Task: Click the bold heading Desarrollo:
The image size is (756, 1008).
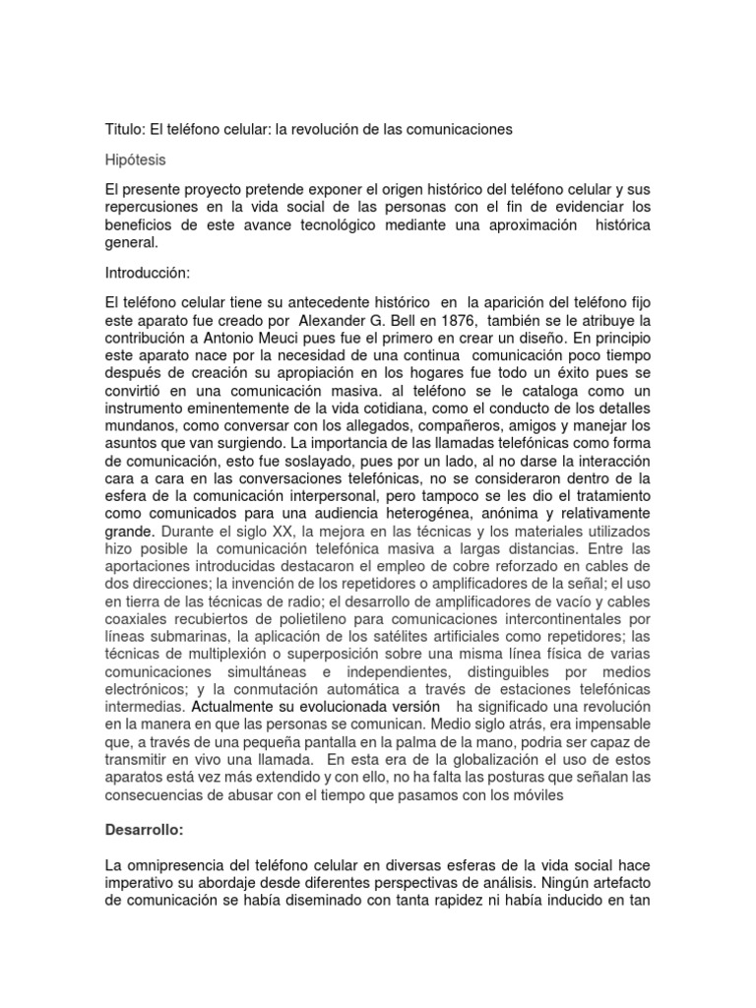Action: click(147, 802)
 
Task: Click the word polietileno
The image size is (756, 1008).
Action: click(333, 621)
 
